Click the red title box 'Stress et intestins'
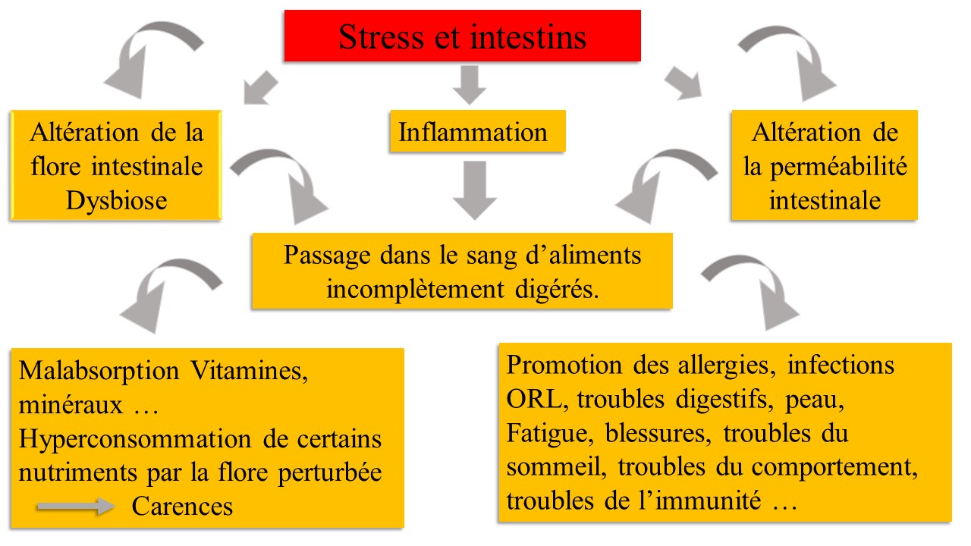(x=462, y=36)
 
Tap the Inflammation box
(x=473, y=132)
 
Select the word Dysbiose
(x=116, y=200)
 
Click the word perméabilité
(x=825, y=167)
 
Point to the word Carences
(x=182, y=506)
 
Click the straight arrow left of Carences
(x=74, y=507)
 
